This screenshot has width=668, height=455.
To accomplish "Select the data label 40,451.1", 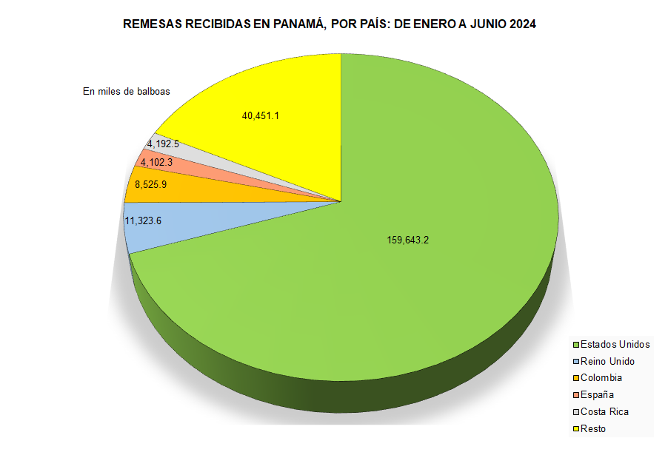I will (260, 115).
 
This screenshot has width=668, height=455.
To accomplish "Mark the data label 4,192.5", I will (163, 144).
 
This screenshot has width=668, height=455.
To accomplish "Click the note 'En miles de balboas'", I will (127, 92).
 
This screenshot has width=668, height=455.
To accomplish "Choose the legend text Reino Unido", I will (607, 361).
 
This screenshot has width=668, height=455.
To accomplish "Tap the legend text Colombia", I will (601, 378).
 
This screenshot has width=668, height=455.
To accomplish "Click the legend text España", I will (597, 395).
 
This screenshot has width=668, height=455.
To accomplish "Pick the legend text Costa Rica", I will (604, 412).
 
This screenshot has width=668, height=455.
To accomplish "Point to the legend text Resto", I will (593, 429).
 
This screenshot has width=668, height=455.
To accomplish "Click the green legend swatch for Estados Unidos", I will (575, 345).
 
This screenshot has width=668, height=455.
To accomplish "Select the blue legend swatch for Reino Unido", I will (575, 362).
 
